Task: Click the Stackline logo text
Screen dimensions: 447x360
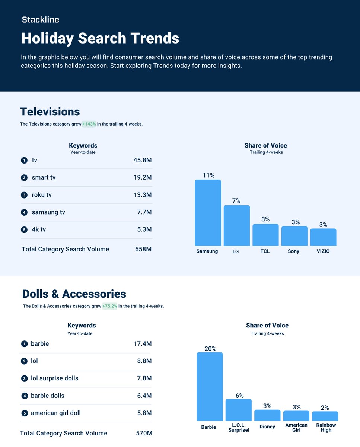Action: pyautogui.click(x=40, y=20)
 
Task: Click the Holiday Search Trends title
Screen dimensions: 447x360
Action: pyautogui.click(x=100, y=38)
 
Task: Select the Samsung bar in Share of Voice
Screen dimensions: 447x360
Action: pyautogui.click(x=208, y=213)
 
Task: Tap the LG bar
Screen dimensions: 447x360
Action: pyautogui.click(x=236, y=225)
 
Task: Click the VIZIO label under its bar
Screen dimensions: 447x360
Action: pyautogui.click(x=323, y=251)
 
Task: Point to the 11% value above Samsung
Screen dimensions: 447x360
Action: pyautogui.click(x=208, y=175)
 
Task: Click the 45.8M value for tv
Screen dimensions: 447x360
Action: pyautogui.click(x=142, y=160)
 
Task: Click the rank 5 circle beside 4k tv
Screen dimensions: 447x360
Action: pyautogui.click(x=24, y=230)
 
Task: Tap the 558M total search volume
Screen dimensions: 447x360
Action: pyautogui.click(x=143, y=249)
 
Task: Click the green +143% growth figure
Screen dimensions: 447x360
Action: pyautogui.click(x=89, y=124)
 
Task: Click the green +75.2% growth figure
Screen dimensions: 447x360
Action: pyautogui.click(x=110, y=306)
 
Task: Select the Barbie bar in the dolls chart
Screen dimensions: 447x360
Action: pyautogui.click(x=210, y=386)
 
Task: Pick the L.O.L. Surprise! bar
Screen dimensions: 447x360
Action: pyautogui.click(x=238, y=410)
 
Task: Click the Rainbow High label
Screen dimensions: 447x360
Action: pyautogui.click(x=326, y=428)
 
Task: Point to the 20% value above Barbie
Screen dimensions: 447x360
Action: pyautogui.click(x=210, y=349)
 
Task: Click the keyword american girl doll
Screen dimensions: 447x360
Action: pyautogui.click(x=56, y=413)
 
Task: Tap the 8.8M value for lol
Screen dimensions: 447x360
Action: pyautogui.click(x=144, y=361)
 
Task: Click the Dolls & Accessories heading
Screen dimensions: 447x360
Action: pyautogui.click(x=74, y=294)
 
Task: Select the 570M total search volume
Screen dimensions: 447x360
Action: pyautogui.click(x=144, y=433)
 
